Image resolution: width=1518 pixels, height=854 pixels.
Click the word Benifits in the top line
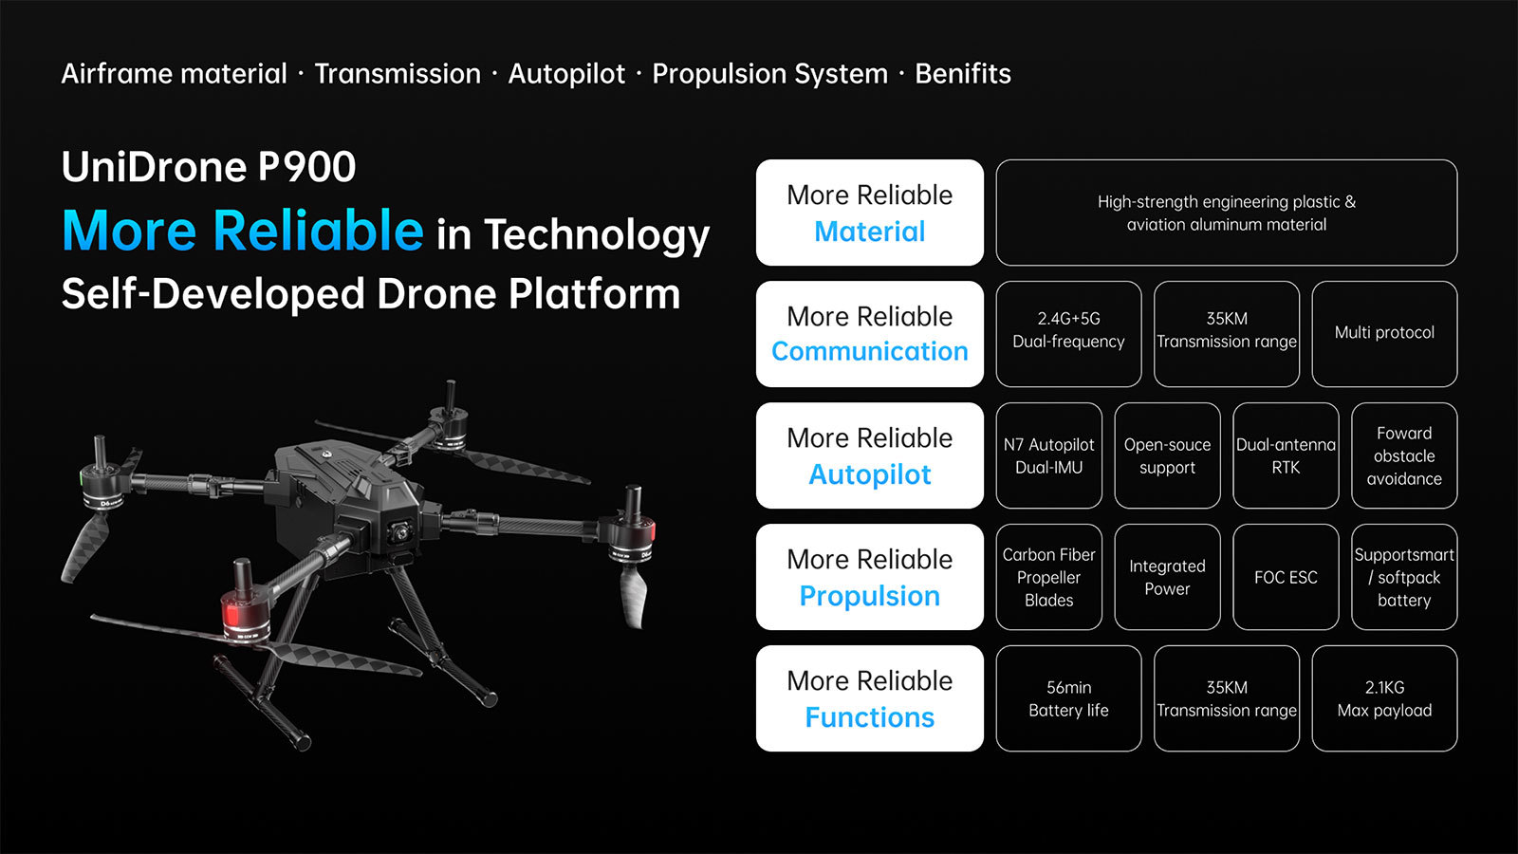pos(962,73)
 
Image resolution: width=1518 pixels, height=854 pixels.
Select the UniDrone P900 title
pos(209,167)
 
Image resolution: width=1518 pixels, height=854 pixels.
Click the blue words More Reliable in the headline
pos(243,231)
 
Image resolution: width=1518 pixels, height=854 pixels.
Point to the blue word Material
pos(869,232)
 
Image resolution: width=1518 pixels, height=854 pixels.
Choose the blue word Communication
pos(869,351)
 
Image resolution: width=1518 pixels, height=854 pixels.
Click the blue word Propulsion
pos(869,597)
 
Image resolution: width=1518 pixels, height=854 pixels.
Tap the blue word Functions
pos(869,717)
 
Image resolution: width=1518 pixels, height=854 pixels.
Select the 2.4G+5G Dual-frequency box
pos(1068,334)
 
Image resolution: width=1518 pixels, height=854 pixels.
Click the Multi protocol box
pos(1384,334)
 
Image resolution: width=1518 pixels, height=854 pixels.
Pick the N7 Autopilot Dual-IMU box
pos(1049,455)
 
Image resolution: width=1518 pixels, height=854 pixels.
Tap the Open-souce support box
pos(1167,455)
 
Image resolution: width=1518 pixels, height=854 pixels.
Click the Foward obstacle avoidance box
pos(1404,455)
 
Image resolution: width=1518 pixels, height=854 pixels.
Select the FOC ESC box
pos(1286,577)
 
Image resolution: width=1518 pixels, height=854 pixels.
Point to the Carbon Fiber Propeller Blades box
pos(1049,577)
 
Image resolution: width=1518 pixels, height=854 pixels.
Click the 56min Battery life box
pos(1068,698)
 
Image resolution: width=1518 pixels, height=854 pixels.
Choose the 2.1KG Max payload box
pos(1384,698)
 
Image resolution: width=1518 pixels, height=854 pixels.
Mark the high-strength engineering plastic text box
pos(1227,213)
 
